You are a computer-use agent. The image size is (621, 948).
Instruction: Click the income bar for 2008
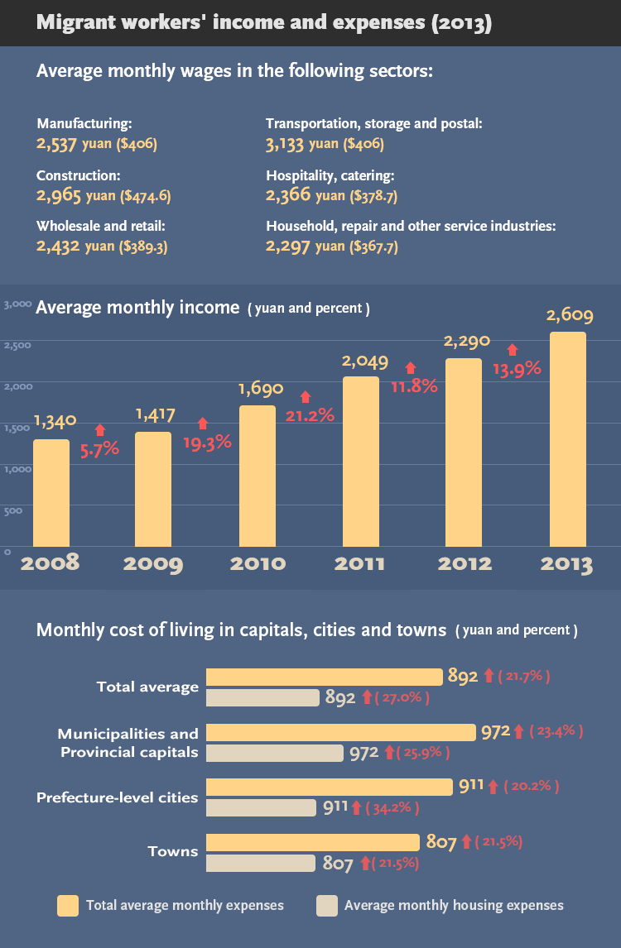coord(51,492)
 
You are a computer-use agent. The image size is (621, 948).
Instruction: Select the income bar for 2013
coord(568,438)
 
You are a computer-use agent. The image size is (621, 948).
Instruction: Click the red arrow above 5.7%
coord(100,429)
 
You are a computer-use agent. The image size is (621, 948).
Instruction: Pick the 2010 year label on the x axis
coord(258,564)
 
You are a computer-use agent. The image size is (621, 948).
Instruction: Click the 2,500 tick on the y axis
coord(17,344)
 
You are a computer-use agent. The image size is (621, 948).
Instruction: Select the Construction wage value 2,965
coord(59,196)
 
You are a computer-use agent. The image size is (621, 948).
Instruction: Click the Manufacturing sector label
coord(84,124)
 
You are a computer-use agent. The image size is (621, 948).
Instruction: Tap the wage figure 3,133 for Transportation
coord(286,144)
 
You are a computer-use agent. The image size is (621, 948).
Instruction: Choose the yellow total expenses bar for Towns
coord(313,842)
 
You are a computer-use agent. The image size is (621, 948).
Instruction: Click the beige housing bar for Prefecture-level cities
coord(261,807)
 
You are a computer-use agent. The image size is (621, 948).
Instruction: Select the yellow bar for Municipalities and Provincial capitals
coord(342,732)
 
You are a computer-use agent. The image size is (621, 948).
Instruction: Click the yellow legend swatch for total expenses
coord(68,906)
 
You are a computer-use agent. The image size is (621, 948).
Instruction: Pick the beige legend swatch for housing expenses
coord(327,906)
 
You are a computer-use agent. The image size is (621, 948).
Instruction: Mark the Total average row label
coord(147,687)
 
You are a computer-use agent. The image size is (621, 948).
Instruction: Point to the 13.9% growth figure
coord(517,369)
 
